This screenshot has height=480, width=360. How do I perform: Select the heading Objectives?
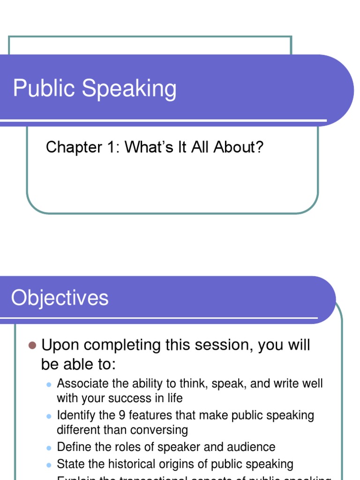(60, 298)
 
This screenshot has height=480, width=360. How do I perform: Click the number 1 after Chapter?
(112, 147)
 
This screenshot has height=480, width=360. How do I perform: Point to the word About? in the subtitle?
(239, 147)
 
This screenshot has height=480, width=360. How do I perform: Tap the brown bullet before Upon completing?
(32, 346)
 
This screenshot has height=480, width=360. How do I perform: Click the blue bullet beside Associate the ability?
(48, 384)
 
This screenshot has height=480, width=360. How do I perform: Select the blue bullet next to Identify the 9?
(48, 416)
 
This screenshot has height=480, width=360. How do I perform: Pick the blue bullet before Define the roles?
(48, 448)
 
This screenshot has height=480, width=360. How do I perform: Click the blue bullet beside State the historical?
(48, 465)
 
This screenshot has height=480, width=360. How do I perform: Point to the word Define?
(71, 447)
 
